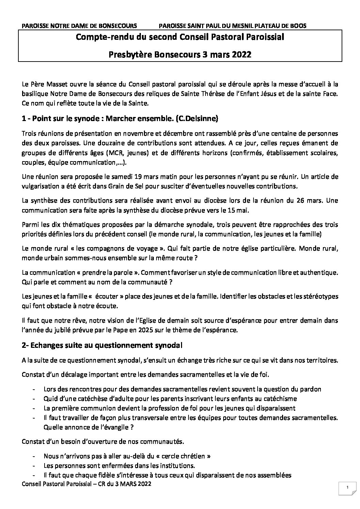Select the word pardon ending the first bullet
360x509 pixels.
[312, 389]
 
